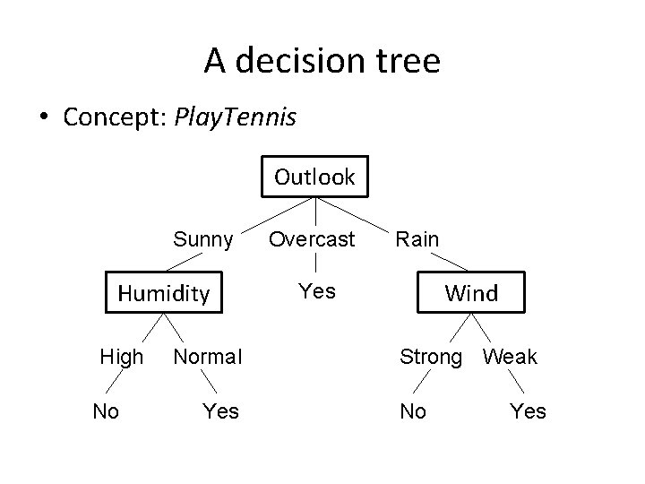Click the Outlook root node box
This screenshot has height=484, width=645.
tap(314, 177)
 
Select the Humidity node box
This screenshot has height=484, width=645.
tap(164, 292)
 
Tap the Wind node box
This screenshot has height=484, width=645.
tap(471, 292)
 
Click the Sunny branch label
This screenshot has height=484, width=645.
tap(203, 239)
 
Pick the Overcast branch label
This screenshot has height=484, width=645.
tap(313, 239)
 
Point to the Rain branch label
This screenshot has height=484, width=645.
tap(417, 239)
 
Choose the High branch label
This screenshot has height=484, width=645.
tap(122, 357)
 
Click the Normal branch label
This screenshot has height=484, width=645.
tap(207, 357)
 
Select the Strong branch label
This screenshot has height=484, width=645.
tap(431, 357)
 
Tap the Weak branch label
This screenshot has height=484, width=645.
tap(510, 357)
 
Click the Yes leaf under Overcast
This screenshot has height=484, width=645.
tap(317, 291)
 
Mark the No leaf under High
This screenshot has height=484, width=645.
tap(106, 411)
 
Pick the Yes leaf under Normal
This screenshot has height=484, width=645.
tap(220, 411)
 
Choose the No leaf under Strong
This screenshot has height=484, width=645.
tap(413, 411)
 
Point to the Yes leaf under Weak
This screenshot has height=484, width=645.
tap(528, 411)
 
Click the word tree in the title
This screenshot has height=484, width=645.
tap(408, 61)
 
